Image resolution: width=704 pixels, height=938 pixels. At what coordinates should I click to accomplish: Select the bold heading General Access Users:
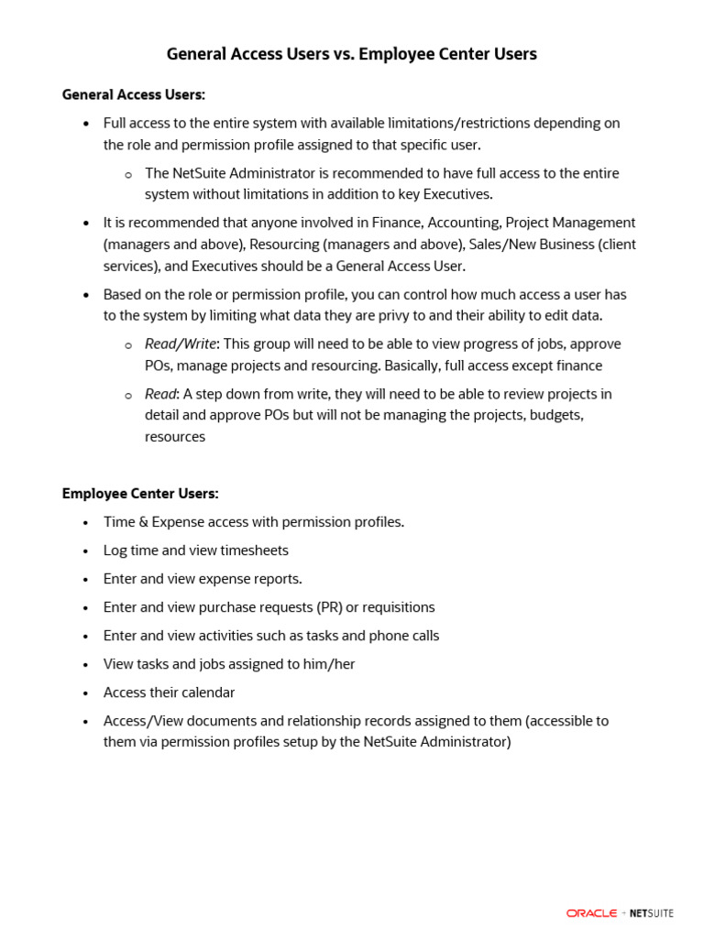tap(134, 94)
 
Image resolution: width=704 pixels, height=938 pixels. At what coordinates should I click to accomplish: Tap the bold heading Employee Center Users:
tap(140, 494)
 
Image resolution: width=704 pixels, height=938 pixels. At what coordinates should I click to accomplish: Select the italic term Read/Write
tap(181, 344)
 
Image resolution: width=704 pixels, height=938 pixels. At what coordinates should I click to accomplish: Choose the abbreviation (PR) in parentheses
tap(328, 607)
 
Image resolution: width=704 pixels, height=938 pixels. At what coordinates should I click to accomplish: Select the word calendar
tap(206, 693)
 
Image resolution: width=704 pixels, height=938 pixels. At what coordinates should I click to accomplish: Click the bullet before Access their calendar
tap(85, 693)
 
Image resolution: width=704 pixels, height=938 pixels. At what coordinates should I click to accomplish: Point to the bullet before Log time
tap(85, 551)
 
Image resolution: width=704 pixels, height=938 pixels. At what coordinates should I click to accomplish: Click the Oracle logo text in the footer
tap(591, 913)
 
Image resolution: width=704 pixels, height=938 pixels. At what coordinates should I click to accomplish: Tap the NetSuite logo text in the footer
tap(652, 913)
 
